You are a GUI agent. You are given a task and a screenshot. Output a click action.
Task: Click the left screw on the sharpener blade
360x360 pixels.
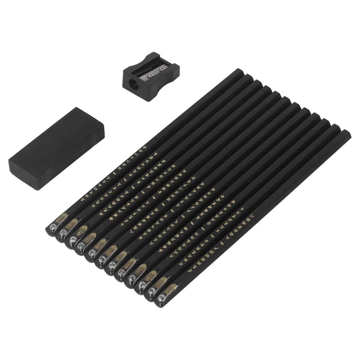[150, 75]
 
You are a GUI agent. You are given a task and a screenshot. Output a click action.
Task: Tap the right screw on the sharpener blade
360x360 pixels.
[163, 68]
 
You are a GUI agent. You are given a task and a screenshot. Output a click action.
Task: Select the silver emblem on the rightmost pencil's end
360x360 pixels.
[161, 298]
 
